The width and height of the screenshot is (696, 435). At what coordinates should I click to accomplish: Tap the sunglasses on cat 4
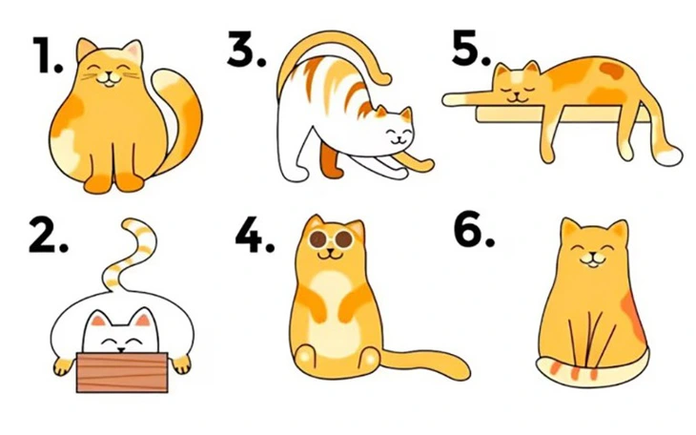(326, 238)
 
